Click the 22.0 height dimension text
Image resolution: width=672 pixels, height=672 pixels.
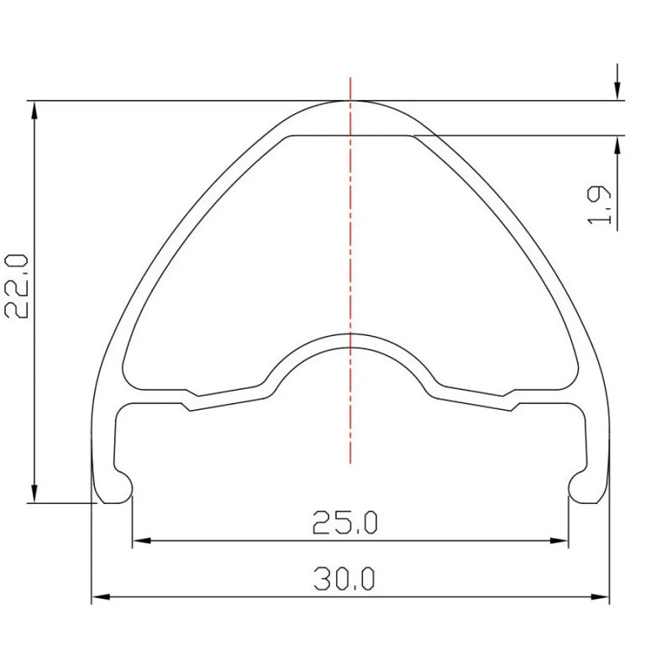(x=18, y=285)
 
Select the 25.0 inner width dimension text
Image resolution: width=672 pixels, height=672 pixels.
(x=345, y=523)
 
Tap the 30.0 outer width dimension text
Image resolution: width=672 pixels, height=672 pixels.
(x=345, y=580)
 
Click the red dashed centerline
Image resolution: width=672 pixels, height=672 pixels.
(x=350, y=252)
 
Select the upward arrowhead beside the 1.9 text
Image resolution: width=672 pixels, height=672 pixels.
(x=617, y=146)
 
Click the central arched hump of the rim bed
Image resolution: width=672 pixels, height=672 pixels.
(x=350, y=336)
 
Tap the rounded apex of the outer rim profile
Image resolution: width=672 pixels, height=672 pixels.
(x=350, y=102)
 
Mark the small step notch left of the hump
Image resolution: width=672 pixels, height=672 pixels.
(x=189, y=401)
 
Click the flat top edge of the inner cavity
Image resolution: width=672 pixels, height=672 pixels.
(x=350, y=134)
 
